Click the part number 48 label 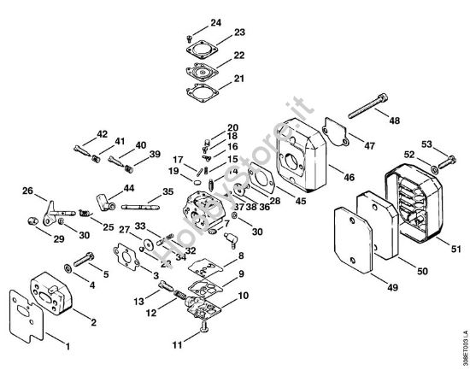tap(395, 120)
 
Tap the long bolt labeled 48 tap(367, 106)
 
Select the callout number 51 tap(456, 249)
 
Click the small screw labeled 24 tap(189, 38)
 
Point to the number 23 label tap(239, 32)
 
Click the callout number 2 tap(94, 322)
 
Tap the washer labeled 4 tap(68, 267)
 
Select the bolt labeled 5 tap(84, 260)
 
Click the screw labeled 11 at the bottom tap(205, 326)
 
